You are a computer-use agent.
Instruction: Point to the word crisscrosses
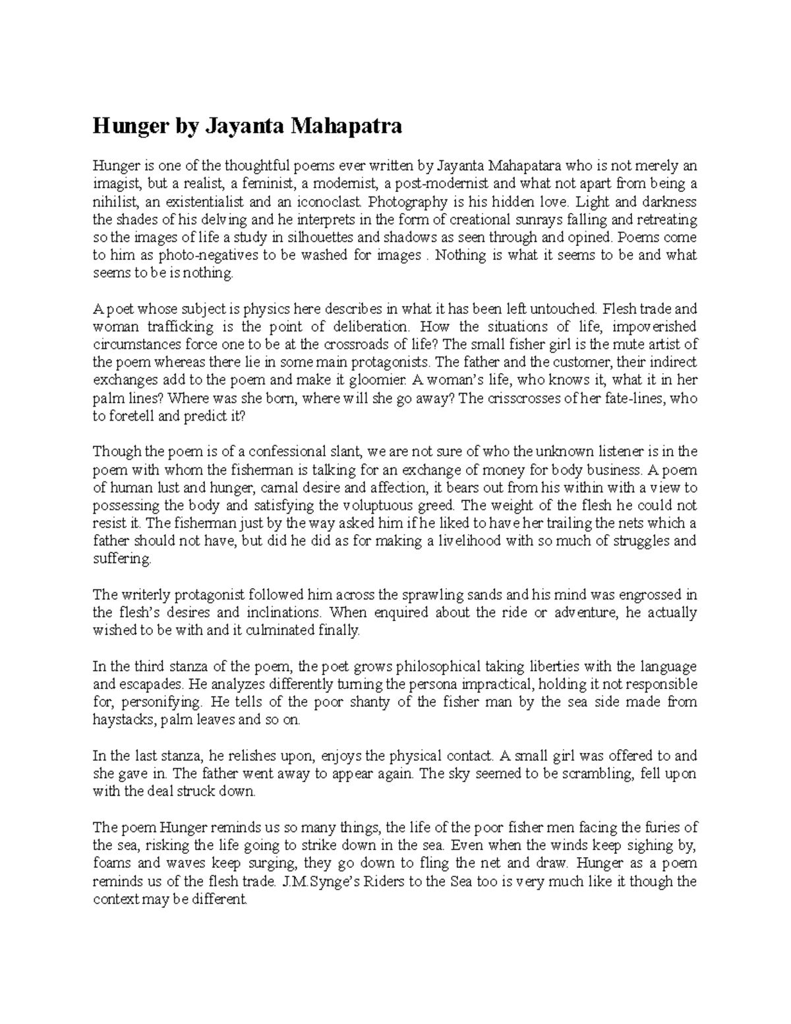[x=521, y=398]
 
